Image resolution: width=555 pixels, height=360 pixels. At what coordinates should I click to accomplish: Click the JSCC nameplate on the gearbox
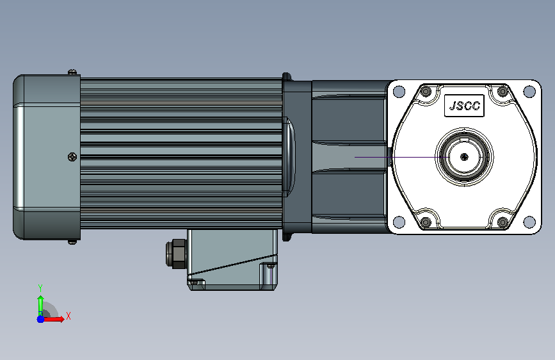pyautogui.click(x=464, y=106)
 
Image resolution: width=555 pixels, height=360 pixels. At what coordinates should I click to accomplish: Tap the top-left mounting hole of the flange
pyautogui.click(x=399, y=92)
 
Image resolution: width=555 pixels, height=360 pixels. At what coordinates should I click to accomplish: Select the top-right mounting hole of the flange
pyautogui.click(x=529, y=92)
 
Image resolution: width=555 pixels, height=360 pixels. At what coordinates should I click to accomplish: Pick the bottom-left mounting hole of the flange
pyautogui.click(x=399, y=222)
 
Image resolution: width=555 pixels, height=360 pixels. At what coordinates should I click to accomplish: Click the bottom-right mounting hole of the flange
pyautogui.click(x=529, y=222)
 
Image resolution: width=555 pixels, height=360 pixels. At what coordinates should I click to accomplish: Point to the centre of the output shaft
pyautogui.click(x=464, y=156)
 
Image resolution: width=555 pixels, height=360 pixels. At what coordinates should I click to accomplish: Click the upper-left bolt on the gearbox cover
pyautogui.click(x=426, y=92)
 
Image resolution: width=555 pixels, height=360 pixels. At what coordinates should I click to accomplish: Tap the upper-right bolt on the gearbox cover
pyautogui.click(x=503, y=92)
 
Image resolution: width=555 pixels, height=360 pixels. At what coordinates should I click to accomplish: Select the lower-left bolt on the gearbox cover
pyautogui.click(x=426, y=222)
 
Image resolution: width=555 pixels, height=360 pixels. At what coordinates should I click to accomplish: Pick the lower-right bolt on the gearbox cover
pyautogui.click(x=503, y=222)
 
